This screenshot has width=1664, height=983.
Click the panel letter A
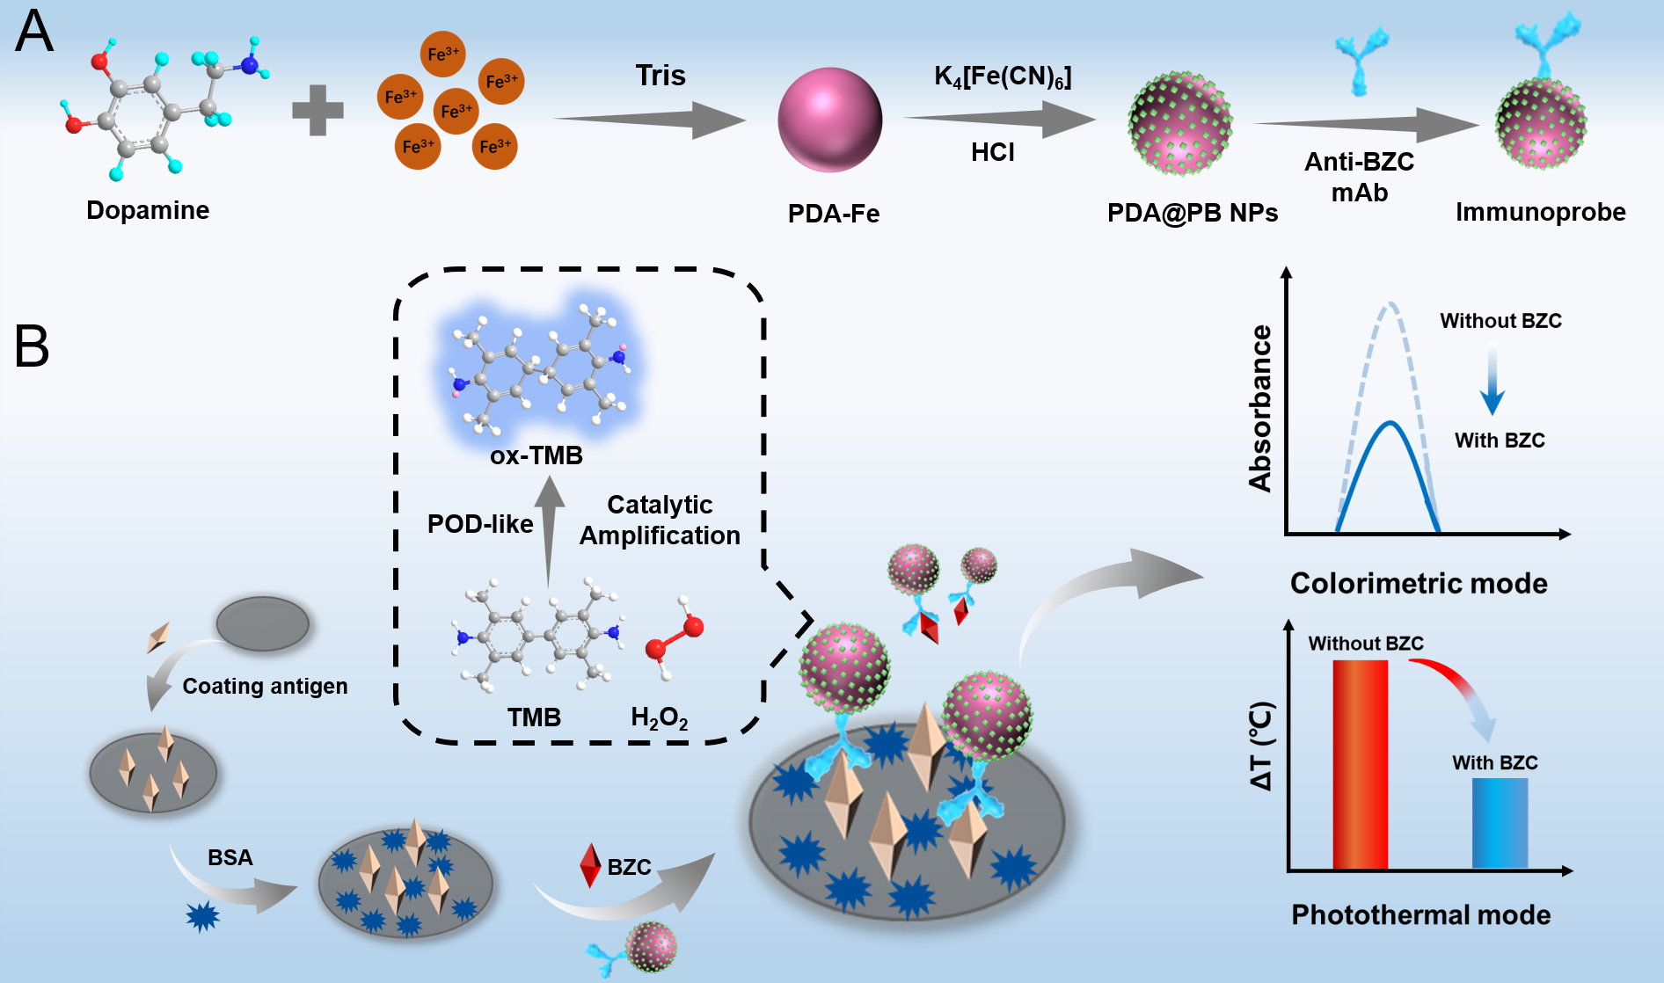[x=34, y=33]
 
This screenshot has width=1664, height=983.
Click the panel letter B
[x=32, y=346]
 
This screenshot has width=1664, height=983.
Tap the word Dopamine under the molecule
[x=148, y=210]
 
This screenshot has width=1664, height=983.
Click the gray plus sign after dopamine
[x=317, y=110]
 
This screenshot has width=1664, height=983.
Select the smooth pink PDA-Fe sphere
[x=829, y=120]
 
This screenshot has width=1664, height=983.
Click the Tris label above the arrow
[x=660, y=76]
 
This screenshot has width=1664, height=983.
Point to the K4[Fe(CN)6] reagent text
[x=1003, y=77]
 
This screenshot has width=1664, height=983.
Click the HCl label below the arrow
[x=993, y=152]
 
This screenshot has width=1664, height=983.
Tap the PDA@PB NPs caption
[x=1192, y=213]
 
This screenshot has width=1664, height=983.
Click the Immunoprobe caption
[x=1540, y=212]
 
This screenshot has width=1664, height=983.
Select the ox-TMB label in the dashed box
[x=536, y=455]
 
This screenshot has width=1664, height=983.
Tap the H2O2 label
[x=659, y=718]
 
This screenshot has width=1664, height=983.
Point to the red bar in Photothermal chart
[x=1360, y=763]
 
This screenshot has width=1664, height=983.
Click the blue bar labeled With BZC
[x=1500, y=823]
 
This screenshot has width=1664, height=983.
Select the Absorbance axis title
[x=1260, y=408]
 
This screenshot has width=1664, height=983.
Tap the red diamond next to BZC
[x=590, y=865]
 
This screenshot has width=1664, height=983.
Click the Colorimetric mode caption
[x=1418, y=583]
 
